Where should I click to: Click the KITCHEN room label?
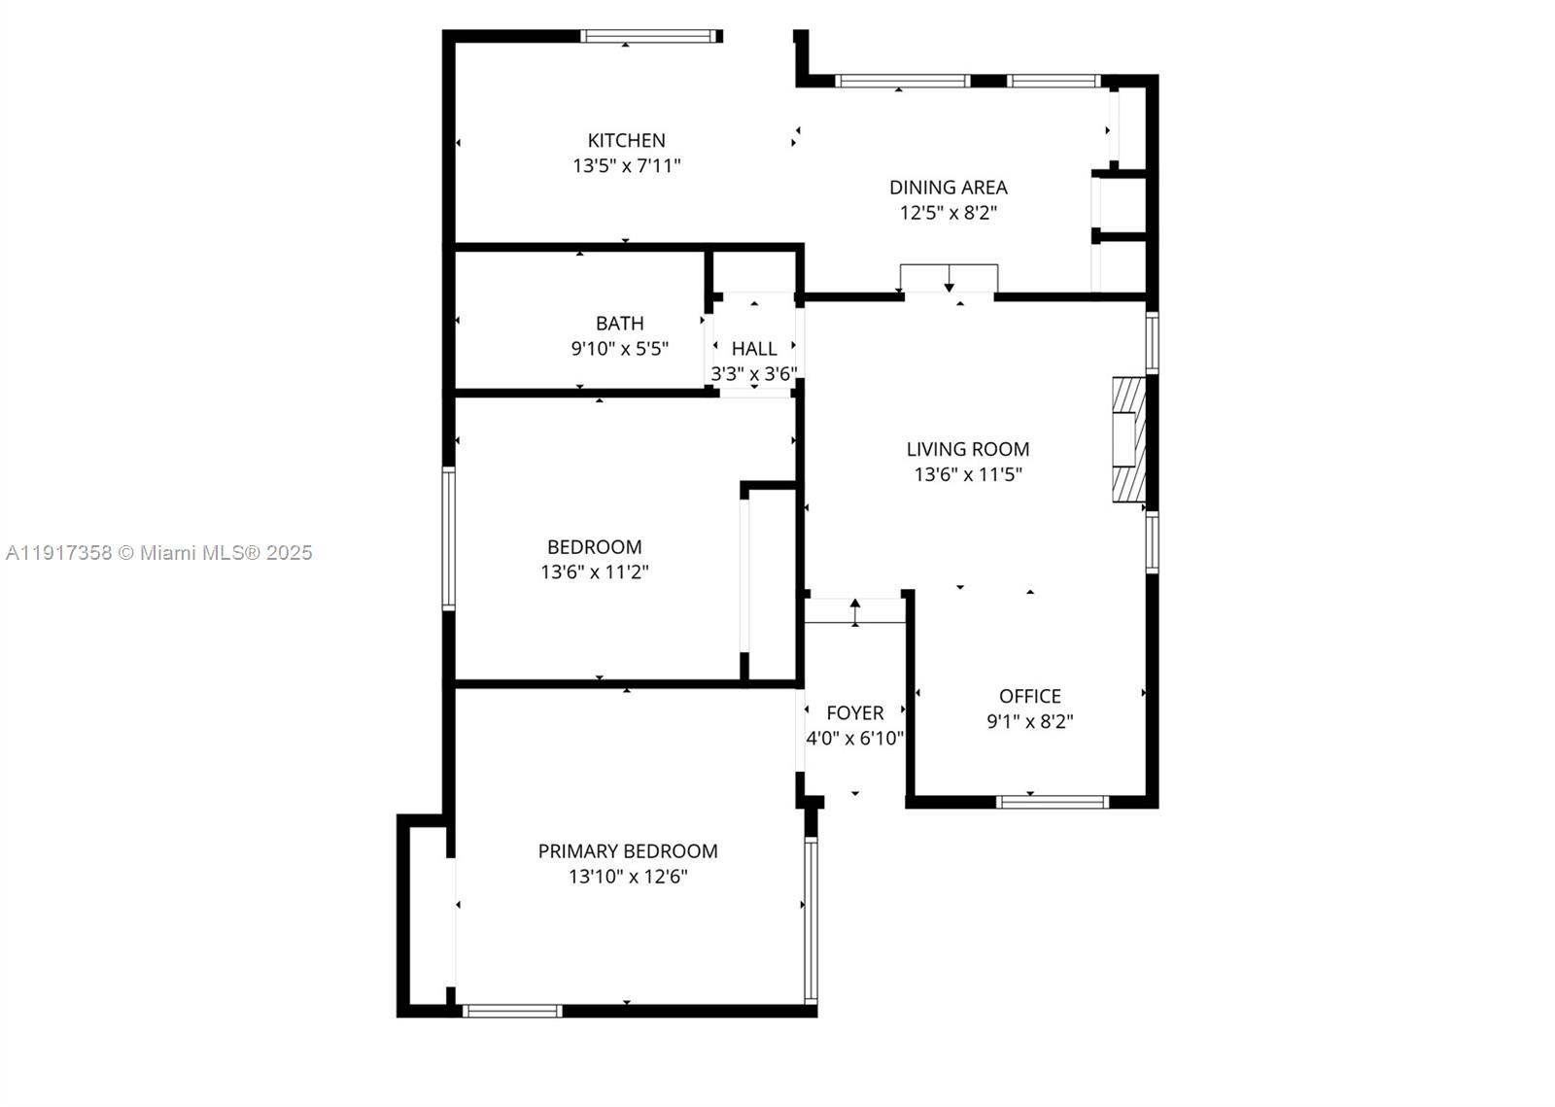626,141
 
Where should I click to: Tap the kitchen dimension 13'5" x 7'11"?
626,166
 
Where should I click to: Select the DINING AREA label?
949,188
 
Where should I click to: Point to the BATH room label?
620,324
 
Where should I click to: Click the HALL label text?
754,348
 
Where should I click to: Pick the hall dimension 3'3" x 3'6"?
754,374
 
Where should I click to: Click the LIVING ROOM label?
968,449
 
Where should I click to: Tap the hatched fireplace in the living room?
1129,439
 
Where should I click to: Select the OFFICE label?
1030,696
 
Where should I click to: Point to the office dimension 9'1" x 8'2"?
1030,722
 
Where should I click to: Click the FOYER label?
854,712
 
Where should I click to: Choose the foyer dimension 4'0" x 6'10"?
854,738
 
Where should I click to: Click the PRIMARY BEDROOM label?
628,850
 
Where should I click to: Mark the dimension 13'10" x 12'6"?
628,877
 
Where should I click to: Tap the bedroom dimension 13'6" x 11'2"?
595,572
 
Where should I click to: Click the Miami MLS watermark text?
159,552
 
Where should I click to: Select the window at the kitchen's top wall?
648,36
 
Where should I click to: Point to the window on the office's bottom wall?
1053,802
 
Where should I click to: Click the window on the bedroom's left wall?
449,538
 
